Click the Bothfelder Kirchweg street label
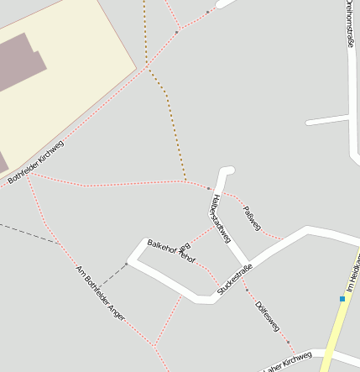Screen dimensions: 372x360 (35, 161)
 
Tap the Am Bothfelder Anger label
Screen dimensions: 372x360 (100, 292)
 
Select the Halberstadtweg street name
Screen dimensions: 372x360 (220, 218)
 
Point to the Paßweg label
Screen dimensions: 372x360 (252, 217)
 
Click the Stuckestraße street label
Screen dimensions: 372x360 (235, 279)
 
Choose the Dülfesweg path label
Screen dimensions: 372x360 (267, 314)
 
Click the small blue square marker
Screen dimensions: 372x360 (342, 298)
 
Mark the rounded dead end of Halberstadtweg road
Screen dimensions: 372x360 (227, 171)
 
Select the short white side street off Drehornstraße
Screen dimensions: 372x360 (327, 121)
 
